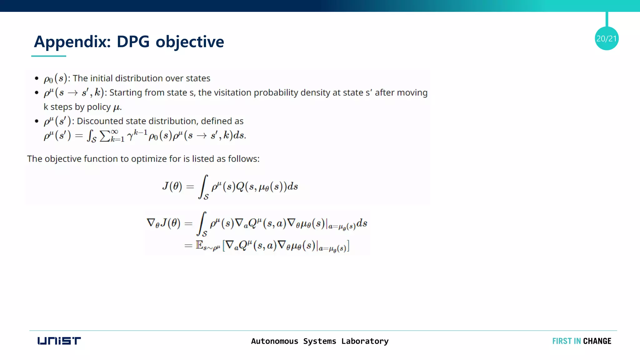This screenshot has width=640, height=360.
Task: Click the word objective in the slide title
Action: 190,42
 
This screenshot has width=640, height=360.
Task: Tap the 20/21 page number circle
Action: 606,38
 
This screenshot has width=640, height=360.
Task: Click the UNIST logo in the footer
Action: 59,341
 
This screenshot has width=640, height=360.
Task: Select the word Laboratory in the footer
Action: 365,341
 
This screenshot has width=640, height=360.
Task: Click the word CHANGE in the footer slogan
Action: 597,341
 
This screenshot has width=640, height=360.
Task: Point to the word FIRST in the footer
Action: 562,341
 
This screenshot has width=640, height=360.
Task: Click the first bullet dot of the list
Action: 37,78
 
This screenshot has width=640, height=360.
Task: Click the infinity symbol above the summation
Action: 114,132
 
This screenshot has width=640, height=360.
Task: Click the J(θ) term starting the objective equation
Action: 172,186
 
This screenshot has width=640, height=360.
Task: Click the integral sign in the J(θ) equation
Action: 203,186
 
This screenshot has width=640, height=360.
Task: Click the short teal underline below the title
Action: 48,56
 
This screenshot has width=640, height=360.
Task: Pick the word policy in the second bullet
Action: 98,107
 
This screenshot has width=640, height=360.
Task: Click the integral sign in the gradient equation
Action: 202,223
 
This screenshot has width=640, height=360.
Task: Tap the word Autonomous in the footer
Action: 274,341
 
